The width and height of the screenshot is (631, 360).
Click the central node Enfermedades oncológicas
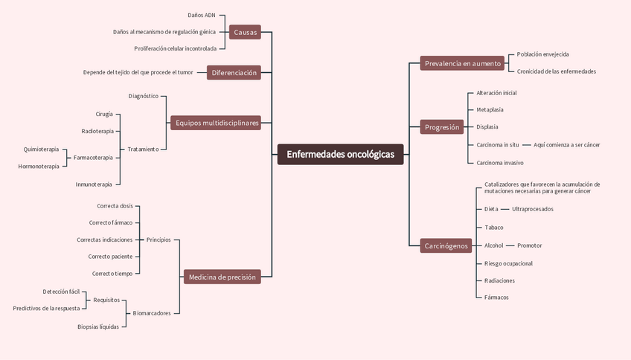point(340,155)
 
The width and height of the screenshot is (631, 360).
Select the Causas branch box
point(245,32)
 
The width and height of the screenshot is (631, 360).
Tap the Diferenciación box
point(234,73)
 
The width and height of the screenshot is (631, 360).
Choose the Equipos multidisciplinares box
point(217,123)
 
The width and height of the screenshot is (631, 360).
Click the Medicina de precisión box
point(222,277)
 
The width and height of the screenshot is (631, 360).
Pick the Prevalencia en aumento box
point(462,63)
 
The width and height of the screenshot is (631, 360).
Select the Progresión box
point(442,127)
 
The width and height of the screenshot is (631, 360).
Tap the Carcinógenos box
point(446,245)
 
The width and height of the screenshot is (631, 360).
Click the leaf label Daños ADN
point(202,15)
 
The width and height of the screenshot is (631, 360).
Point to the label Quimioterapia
point(41,149)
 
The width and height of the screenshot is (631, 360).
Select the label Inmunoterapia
point(94,184)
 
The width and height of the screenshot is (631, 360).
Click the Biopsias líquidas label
point(98,327)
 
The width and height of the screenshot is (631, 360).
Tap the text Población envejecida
point(543,54)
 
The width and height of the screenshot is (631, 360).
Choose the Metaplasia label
point(490,109)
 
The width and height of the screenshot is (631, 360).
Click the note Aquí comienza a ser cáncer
point(566,144)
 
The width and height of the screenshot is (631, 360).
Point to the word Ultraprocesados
point(533,209)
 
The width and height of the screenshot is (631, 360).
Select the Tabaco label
point(494,228)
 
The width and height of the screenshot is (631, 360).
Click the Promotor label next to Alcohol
point(529,245)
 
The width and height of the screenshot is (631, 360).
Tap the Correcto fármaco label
point(111,222)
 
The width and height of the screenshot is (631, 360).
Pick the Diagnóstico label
point(144,96)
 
